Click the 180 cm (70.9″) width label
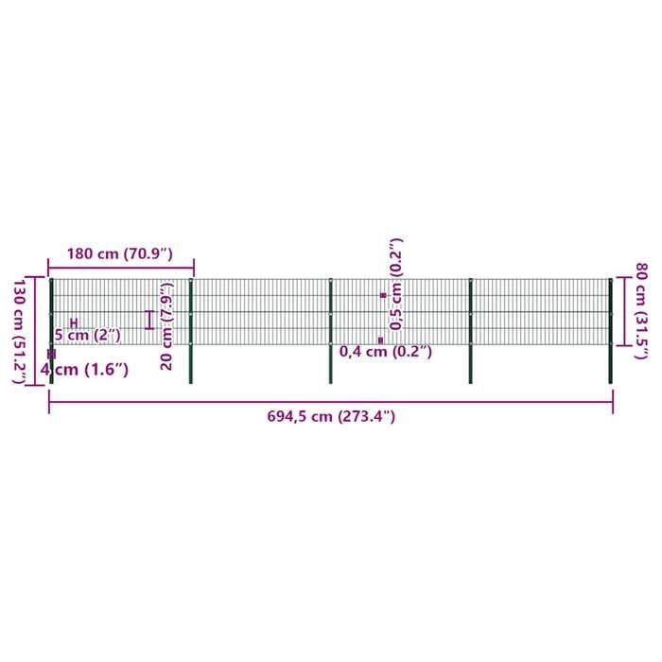[120, 253]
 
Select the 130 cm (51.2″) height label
[20, 330]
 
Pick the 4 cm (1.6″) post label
[84, 370]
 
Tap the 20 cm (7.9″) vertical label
[167, 326]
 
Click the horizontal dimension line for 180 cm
[121, 268]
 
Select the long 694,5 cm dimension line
[331, 402]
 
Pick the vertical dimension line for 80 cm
[623, 311]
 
